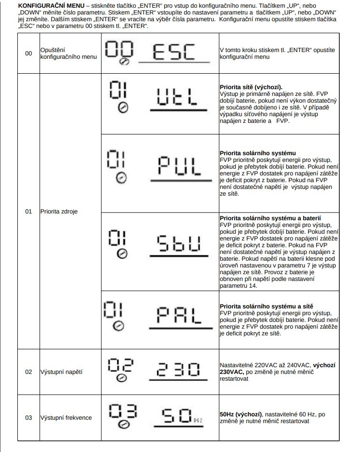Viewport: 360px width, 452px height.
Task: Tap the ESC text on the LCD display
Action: pyautogui.click(x=174, y=51)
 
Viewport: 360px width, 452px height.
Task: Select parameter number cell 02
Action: pyautogui.click(x=28, y=372)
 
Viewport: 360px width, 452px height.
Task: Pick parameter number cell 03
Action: pyautogui.click(x=28, y=417)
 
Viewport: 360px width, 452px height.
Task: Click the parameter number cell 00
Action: pyautogui.click(x=28, y=53)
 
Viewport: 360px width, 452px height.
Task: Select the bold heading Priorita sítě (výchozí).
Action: pyautogui.click(x=250, y=87)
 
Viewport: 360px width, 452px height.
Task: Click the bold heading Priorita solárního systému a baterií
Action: pyautogui.click(x=270, y=218)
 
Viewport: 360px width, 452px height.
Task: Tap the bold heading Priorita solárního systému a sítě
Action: pyautogui.click(x=264, y=306)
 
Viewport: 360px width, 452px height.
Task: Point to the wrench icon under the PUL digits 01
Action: pyautogui.click(x=122, y=178)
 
